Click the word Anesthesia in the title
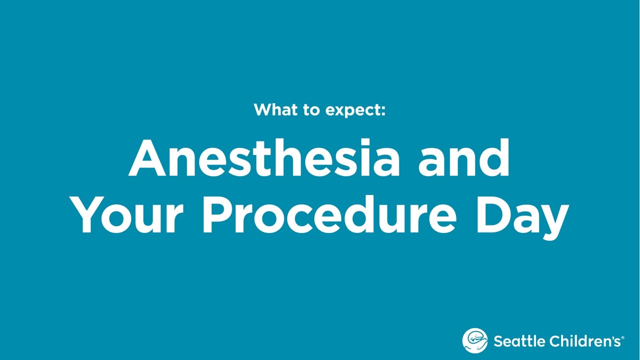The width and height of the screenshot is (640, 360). pyautogui.click(x=264, y=158)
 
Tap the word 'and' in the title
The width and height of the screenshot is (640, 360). pyautogui.click(x=463, y=158)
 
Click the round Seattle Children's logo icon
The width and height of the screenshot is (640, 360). pyautogui.click(x=475, y=341)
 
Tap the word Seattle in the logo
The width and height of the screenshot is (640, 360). pyautogui.click(x=519, y=341)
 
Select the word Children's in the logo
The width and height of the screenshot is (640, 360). pyautogui.click(x=584, y=341)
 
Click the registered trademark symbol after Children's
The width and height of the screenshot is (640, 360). pyautogui.click(x=622, y=338)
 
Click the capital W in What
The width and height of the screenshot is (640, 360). pyautogui.click(x=263, y=109)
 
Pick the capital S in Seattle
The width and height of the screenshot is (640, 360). pyautogui.click(x=498, y=341)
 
